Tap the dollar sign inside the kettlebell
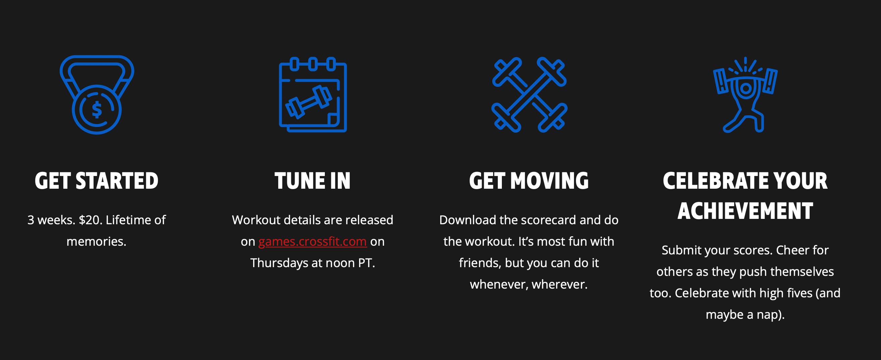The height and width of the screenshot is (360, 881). pos(97,110)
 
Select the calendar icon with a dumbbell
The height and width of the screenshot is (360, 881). pos(313,95)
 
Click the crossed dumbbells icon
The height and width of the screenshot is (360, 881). pos(529,95)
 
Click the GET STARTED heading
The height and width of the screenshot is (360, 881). pos(97,181)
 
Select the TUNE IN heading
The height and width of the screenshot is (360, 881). pos(312,181)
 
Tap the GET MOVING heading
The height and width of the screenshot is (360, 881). pos(529,181)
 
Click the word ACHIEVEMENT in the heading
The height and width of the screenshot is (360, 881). pos(745,211)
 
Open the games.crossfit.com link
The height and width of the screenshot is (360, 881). pos(312,241)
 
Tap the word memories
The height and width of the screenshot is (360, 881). pos(97,241)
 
